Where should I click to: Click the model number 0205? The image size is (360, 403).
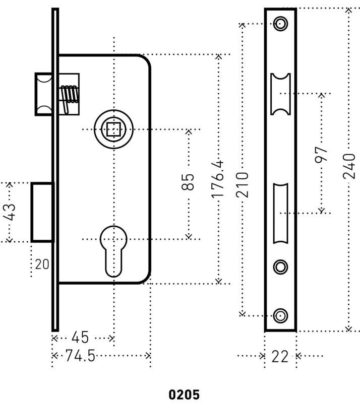click(184, 394)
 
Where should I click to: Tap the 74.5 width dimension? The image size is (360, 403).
click(80, 356)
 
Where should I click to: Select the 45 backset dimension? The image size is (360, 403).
click(80, 337)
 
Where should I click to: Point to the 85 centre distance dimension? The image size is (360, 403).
click(188, 182)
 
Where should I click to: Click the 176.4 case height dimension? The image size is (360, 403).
click(218, 180)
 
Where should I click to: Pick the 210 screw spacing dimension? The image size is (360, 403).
click(243, 185)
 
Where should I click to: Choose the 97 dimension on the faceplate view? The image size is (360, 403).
click(321, 155)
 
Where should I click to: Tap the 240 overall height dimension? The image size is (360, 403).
click(349, 166)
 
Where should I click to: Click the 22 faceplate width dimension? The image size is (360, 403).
click(280, 357)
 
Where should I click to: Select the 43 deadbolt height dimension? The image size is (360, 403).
click(10, 212)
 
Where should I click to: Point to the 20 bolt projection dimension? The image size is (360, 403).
click(42, 264)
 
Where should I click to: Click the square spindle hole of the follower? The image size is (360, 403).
click(113, 129)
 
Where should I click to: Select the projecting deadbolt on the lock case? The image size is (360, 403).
click(42, 212)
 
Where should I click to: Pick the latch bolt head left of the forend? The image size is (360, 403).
click(44, 94)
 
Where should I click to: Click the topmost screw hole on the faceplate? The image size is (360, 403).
click(280, 24)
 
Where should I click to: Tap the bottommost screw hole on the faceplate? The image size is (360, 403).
click(280, 315)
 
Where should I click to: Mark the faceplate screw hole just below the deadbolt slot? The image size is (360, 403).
click(280, 267)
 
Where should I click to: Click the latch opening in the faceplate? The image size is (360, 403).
click(280, 94)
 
